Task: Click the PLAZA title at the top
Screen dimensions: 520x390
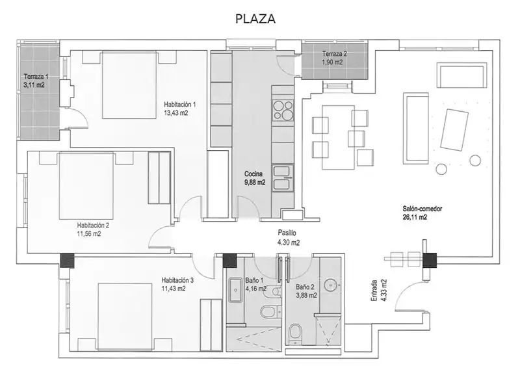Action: [255, 19]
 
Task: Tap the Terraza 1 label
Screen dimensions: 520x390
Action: [36, 77]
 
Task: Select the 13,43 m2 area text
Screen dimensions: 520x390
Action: [175, 112]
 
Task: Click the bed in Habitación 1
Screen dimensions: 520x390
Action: [129, 85]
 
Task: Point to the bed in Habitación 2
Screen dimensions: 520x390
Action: [86, 186]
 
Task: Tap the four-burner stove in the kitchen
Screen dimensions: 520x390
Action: [283, 110]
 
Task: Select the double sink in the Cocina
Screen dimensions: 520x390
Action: [283, 178]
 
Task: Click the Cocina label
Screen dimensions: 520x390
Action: [253, 174]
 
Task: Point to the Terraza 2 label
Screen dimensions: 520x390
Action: [334, 54]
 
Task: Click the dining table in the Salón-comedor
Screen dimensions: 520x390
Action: [338, 137]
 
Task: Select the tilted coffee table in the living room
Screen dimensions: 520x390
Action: [454, 129]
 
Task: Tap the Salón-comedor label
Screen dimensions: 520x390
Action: [422, 209]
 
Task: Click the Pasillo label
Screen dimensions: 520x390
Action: [287, 233]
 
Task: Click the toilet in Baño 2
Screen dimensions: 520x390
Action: [294, 333]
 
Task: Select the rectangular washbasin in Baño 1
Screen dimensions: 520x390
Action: [235, 290]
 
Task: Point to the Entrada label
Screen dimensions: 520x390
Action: [374, 291]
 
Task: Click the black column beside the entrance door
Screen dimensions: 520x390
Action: [430, 261]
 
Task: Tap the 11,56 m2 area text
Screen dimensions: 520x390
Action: [89, 234]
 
